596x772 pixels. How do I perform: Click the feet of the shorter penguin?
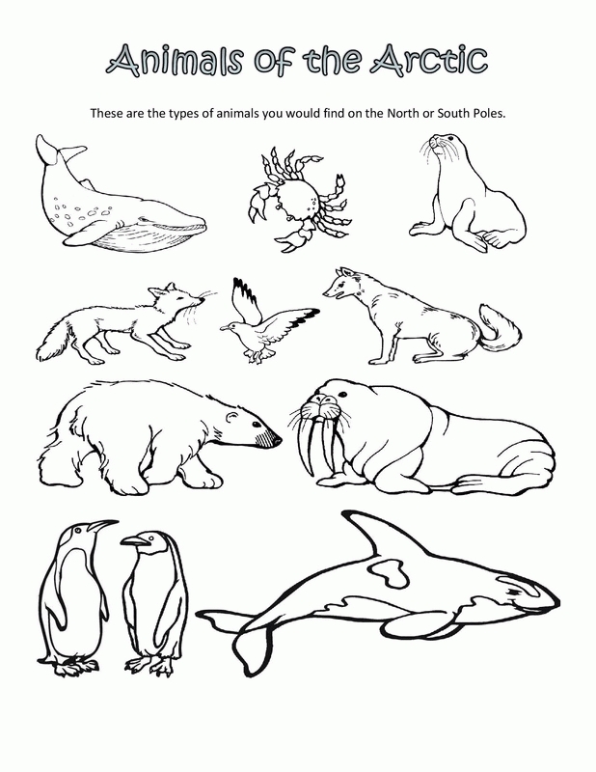(x=150, y=665)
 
